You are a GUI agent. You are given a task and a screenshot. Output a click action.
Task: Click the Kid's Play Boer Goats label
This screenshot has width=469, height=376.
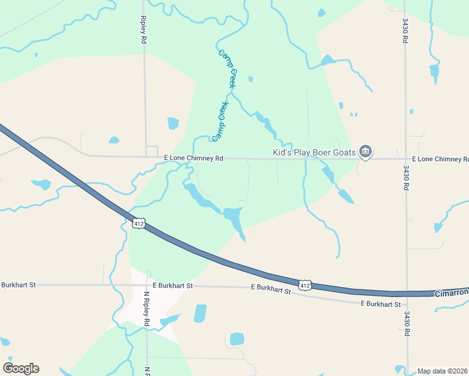[314, 152]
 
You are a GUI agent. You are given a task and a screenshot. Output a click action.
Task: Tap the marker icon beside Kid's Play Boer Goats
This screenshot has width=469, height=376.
[366, 152]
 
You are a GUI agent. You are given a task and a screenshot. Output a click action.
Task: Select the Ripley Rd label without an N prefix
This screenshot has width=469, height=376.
[144, 29]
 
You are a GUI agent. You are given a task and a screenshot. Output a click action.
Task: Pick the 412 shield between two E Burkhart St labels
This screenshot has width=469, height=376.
[305, 286]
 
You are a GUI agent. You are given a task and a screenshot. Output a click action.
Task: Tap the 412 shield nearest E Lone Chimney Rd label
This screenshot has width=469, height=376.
[139, 223]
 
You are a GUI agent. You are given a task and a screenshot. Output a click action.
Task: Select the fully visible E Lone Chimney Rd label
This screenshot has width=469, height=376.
[193, 159]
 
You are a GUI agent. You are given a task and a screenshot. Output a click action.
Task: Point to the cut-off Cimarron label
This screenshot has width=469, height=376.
[451, 293]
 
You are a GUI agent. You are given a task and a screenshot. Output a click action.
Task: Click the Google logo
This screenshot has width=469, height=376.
[21, 368]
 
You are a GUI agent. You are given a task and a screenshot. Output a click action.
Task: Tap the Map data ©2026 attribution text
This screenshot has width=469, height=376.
[442, 371]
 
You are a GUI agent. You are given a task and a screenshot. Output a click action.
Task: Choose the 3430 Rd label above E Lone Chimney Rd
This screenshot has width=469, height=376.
[406, 30]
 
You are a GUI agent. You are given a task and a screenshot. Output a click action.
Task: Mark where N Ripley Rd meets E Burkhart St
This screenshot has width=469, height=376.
[147, 285]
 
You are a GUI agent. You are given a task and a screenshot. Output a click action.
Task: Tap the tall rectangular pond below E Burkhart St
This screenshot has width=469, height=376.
[200, 313]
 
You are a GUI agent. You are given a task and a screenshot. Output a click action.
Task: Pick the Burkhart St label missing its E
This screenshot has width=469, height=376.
[18, 285]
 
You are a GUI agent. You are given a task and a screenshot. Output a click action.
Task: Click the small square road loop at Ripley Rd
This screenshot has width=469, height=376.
[152, 151]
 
